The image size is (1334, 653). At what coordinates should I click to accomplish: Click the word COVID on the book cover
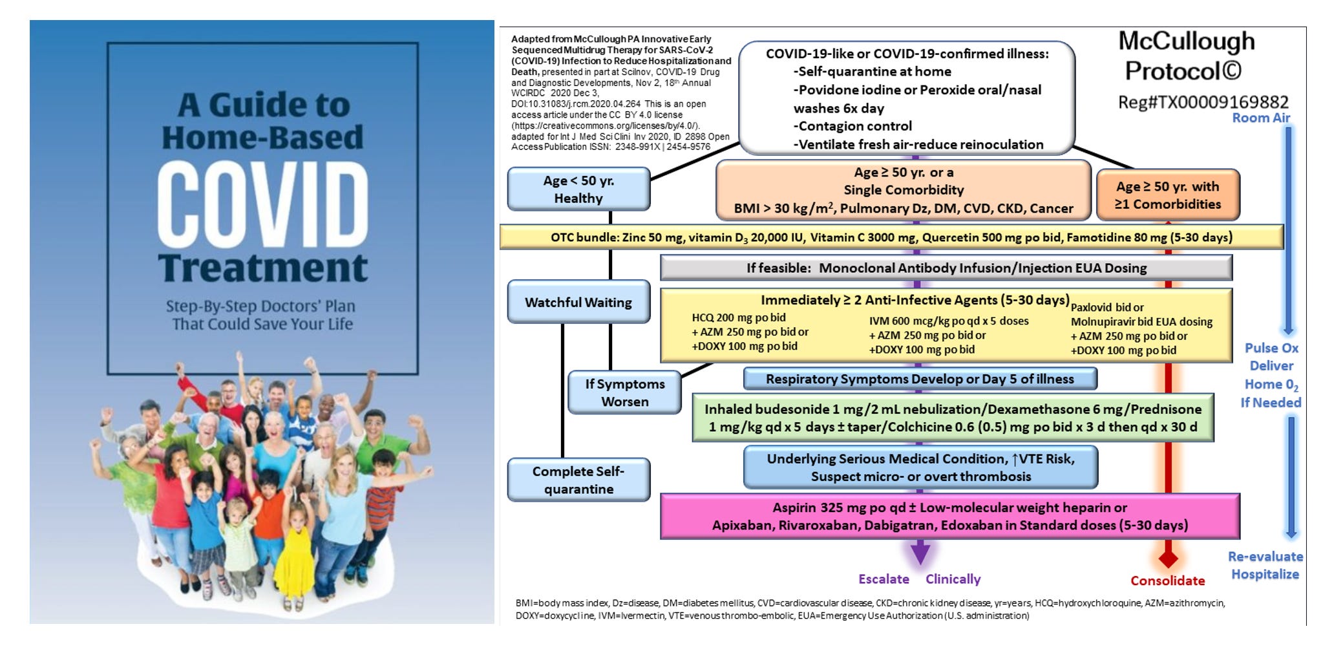coord(262,204)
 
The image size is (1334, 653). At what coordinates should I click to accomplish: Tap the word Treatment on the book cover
coord(262,268)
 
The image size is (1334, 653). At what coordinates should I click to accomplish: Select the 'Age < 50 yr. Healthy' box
coord(578,189)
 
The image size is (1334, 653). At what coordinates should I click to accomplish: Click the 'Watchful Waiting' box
coord(578,302)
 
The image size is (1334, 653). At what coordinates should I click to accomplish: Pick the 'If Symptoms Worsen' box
coord(624,392)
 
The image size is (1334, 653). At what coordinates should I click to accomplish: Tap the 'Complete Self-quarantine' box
coord(578,480)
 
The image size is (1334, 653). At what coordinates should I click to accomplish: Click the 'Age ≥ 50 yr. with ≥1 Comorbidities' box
coord(1168,195)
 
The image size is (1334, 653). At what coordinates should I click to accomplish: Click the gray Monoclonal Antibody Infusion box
coord(946,268)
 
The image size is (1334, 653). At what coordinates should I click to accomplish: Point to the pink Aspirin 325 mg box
coord(949,516)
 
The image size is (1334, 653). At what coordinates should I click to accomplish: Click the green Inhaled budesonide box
coord(953,418)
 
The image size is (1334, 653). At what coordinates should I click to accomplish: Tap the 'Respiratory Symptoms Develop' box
coord(920,379)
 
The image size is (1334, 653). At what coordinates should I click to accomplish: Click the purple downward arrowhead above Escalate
coord(920,553)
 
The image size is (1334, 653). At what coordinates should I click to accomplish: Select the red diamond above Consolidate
coord(1168,558)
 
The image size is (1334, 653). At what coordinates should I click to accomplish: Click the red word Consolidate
coord(1167,581)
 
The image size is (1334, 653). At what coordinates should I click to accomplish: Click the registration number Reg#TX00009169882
coord(1203,102)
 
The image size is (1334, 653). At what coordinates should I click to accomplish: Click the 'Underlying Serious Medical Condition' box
coord(920,467)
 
